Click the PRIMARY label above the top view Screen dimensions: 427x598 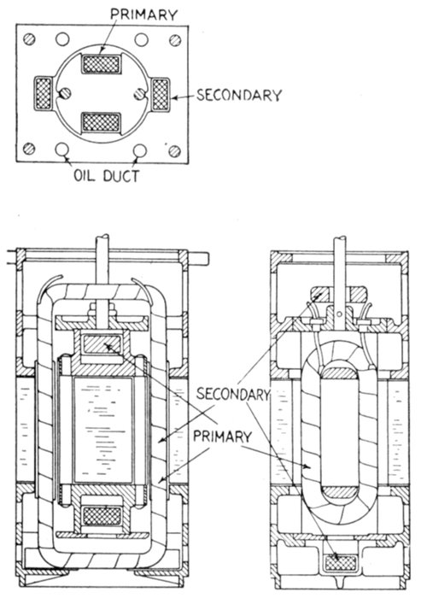point(143,15)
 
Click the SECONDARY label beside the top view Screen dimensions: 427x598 point(239,95)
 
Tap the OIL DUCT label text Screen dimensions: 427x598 point(107,176)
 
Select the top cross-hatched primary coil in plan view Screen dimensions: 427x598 point(101,64)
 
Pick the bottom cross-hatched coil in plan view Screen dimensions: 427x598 point(101,123)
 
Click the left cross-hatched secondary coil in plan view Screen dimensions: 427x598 point(44,93)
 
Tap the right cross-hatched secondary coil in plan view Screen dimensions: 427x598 point(160,94)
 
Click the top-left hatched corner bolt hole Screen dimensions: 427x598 point(29,39)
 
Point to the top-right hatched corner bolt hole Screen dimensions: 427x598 point(175,40)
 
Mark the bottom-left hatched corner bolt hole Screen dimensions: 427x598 point(29,149)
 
